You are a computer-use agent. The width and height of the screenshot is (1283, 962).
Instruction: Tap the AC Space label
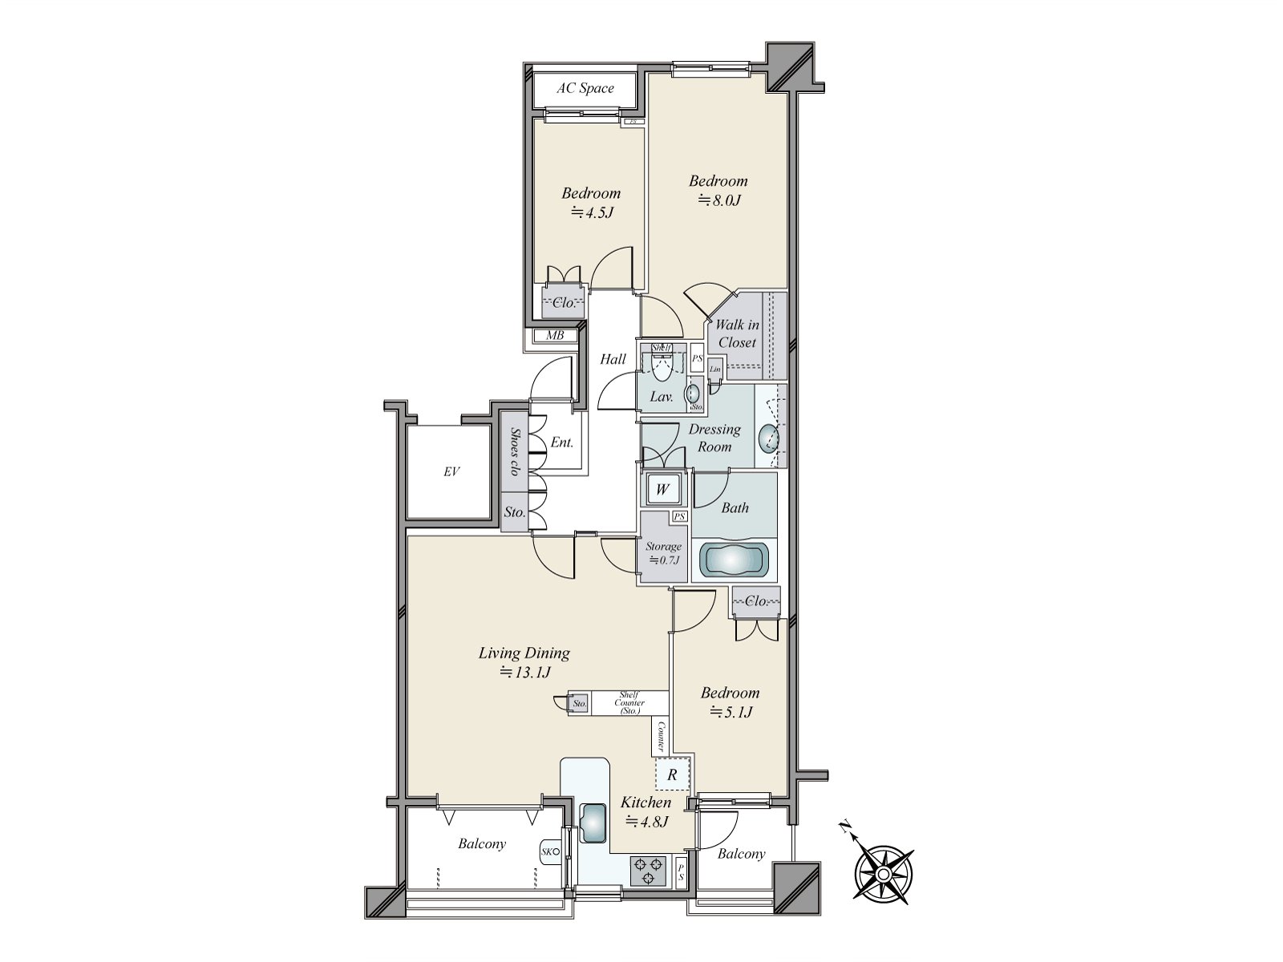(585, 88)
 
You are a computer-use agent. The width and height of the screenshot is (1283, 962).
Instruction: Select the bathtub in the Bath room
(735, 559)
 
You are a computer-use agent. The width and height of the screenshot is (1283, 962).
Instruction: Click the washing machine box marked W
(662, 489)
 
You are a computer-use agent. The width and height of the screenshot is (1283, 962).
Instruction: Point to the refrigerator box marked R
(672, 775)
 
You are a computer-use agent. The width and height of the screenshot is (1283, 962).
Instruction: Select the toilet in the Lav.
(662, 367)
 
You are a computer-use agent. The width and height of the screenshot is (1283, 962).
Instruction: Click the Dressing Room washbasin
(768, 438)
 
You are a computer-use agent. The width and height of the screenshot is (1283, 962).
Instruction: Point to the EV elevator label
(451, 472)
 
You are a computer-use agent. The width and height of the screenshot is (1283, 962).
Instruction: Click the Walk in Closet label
(737, 333)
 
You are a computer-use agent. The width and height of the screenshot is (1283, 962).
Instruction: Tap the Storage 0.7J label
(663, 553)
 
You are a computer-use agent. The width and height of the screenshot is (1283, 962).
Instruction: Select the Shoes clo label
(514, 452)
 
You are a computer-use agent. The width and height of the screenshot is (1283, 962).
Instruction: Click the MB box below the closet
(554, 336)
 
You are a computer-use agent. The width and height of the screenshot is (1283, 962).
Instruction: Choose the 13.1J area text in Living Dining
(525, 673)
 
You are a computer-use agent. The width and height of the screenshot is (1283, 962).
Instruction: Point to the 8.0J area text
(718, 200)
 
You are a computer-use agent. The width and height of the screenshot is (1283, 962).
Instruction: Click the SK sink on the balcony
(548, 851)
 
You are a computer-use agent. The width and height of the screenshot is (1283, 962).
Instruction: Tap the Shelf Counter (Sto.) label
(629, 703)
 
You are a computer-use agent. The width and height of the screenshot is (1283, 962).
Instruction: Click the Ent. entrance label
(561, 443)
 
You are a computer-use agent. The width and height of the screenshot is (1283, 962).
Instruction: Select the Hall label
(613, 359)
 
